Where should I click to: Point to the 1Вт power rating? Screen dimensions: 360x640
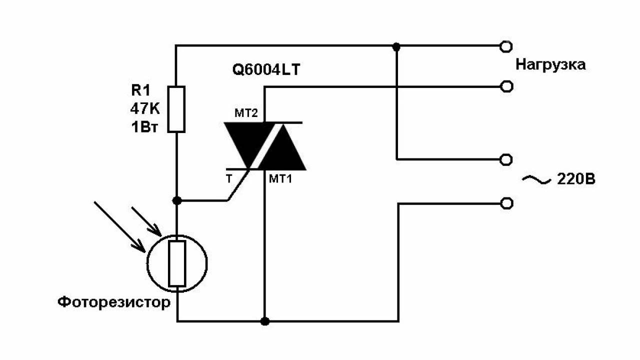coord(144,127)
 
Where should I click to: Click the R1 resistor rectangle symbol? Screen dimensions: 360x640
coord(176,109)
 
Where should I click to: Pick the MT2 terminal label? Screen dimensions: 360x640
coord(246,114)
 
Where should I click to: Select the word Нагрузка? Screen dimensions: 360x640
coord(550,65)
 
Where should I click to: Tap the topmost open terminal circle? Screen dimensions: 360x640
coord(506,46)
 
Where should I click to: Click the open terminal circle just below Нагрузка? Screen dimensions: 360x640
coord(506,86)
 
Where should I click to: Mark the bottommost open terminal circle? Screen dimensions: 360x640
coord(506,203)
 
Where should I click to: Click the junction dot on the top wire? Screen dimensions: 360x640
coord(396,46)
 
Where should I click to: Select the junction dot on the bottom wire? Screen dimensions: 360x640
coord(265,320)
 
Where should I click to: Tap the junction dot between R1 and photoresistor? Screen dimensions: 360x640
coord(176,200)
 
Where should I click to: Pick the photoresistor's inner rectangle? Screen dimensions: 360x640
coord(176,263)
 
